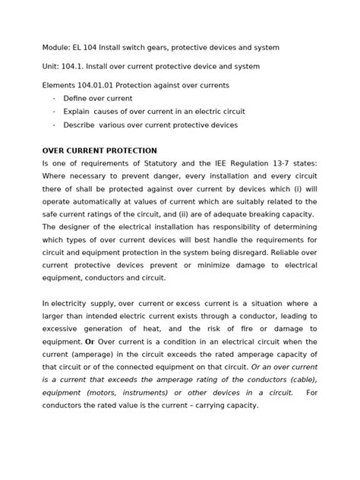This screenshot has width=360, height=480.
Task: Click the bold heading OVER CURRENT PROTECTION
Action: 99,150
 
